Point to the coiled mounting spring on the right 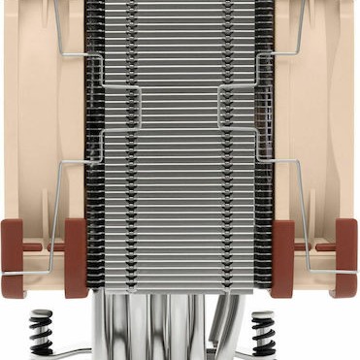coord(264,335)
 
